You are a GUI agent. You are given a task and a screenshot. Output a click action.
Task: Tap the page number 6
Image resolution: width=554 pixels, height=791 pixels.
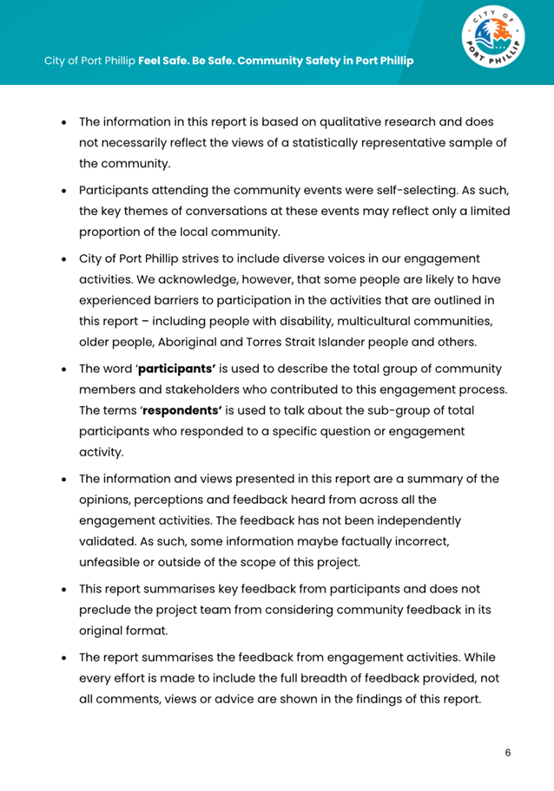pyautogui.click(x=508, y=753)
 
